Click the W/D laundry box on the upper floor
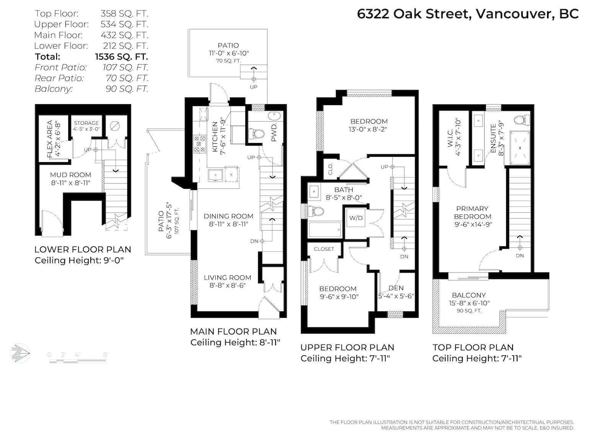pyautogui.click(x=356, y=218)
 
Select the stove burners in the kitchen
pyautogui.click(x=199, y=143)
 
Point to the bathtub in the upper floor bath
pyautogui.click(x=325, y=230)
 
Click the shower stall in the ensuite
pyautogui.click(x=520, y=148)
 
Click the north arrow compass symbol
pyautogui.click(x=20, y=353)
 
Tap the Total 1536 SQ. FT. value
pyautogui.click(x=121, y=57)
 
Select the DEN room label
pyautogui.click(x=396, y=288)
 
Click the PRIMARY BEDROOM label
pyautogui.click(x=472, y=212)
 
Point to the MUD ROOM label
pyautogui.click(x=70, y=175)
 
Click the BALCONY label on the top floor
pyautogui.click(x=469, y=295)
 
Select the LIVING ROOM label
pyautogui.click(x=227, y=278)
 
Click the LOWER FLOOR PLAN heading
pyautogui.click(x=83, y=249)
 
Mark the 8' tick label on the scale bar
pyautogui.click(x=106, y=354)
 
